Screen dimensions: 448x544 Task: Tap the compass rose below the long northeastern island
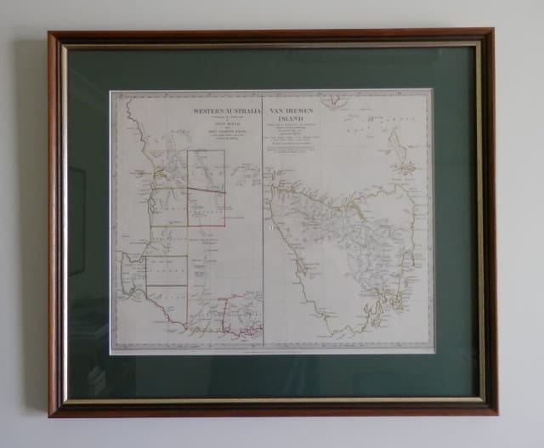click(x=407, y=167)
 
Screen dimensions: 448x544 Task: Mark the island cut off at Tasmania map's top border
click(x=332, y=99)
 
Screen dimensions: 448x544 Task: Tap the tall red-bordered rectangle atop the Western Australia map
click(x=206, y=170)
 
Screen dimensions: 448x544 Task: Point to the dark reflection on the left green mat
click(x=77, y=221)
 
